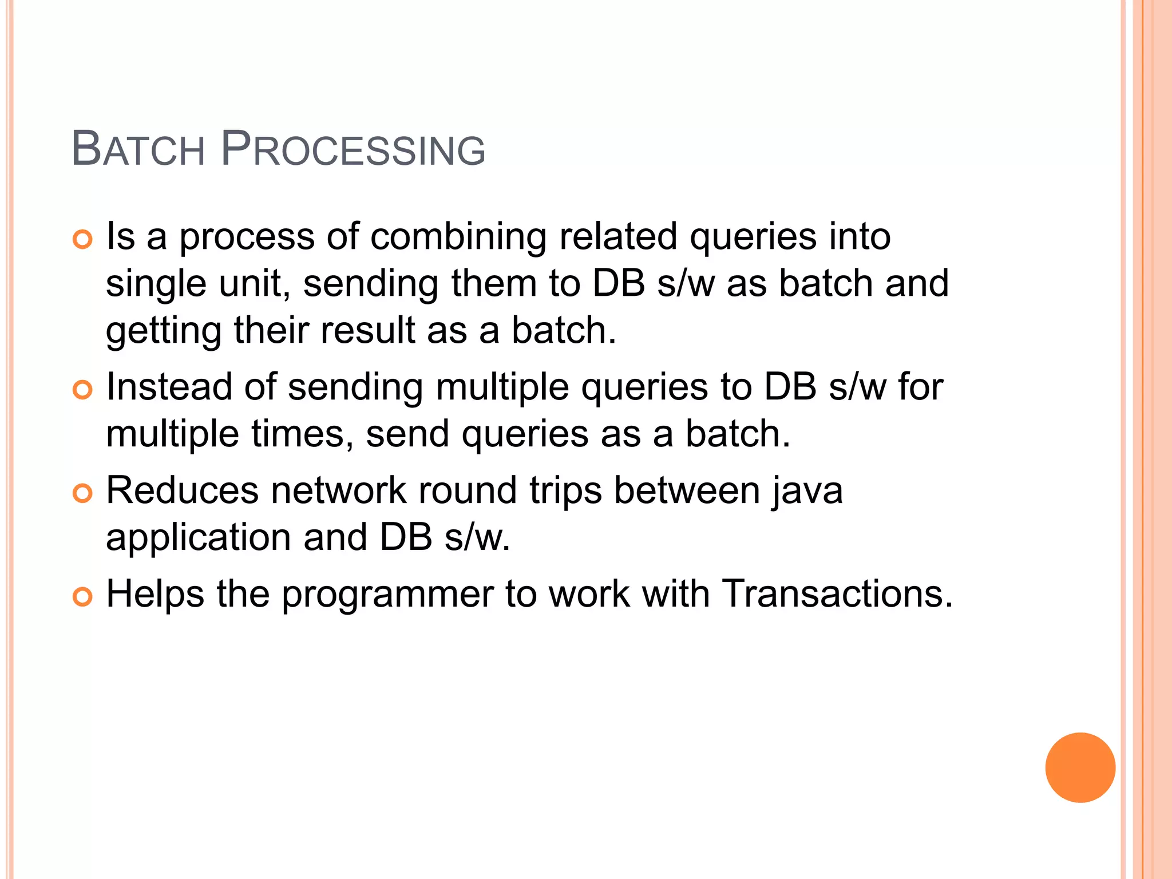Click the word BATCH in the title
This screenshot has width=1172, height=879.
(138, 149)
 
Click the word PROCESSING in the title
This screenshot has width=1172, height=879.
(353, 149)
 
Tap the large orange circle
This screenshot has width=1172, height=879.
(1080, 767)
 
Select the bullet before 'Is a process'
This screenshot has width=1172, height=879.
(83, 240)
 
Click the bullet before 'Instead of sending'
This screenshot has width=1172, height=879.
(83, 390)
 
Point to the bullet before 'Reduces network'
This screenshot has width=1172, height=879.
(83, 493)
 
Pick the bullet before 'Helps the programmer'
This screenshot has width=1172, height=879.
(83, 597)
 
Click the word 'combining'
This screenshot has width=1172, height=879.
(458, 237)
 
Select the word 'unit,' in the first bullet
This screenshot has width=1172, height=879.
(255, 284)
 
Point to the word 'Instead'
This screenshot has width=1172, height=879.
(169, 387)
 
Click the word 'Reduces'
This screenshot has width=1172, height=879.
(183, 491)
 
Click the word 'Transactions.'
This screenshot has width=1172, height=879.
(837, 594)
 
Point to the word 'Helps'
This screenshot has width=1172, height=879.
(155, 594)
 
